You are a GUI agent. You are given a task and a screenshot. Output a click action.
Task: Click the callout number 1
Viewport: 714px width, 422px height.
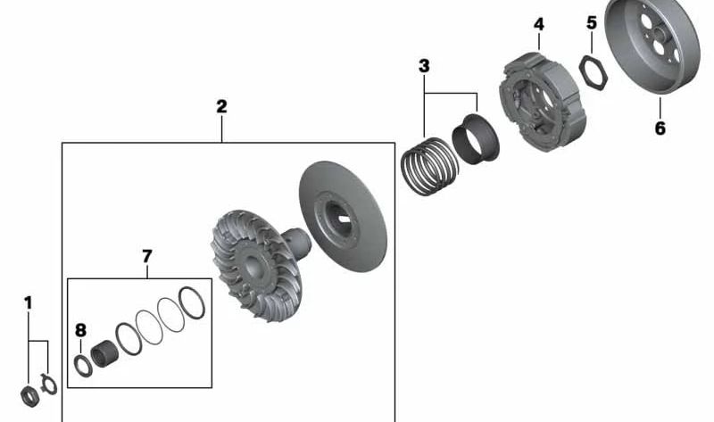click(28, 303)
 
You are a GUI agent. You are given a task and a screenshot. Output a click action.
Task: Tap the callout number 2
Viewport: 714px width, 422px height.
click(221, 106)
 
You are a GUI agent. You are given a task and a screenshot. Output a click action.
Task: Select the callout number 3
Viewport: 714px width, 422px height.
click(424, 66)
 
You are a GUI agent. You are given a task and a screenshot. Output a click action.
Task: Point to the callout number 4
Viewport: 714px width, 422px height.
click(538, 23)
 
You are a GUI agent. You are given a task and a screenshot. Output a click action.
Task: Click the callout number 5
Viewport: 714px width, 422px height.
click(591, 22)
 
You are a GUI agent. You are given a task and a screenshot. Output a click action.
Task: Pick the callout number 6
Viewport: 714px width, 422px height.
click(660, 128)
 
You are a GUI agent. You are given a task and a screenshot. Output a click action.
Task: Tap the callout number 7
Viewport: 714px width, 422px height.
click(147, 257)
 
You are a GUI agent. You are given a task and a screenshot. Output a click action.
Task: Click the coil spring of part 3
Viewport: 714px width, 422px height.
click(426, 167)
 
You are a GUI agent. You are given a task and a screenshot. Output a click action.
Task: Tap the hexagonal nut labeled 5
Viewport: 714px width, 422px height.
click(593, 70)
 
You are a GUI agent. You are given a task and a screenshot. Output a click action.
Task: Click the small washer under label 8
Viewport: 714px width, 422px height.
click(81, 364)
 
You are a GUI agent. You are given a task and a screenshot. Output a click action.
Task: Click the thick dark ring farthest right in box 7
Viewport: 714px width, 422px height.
click(191, 304)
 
